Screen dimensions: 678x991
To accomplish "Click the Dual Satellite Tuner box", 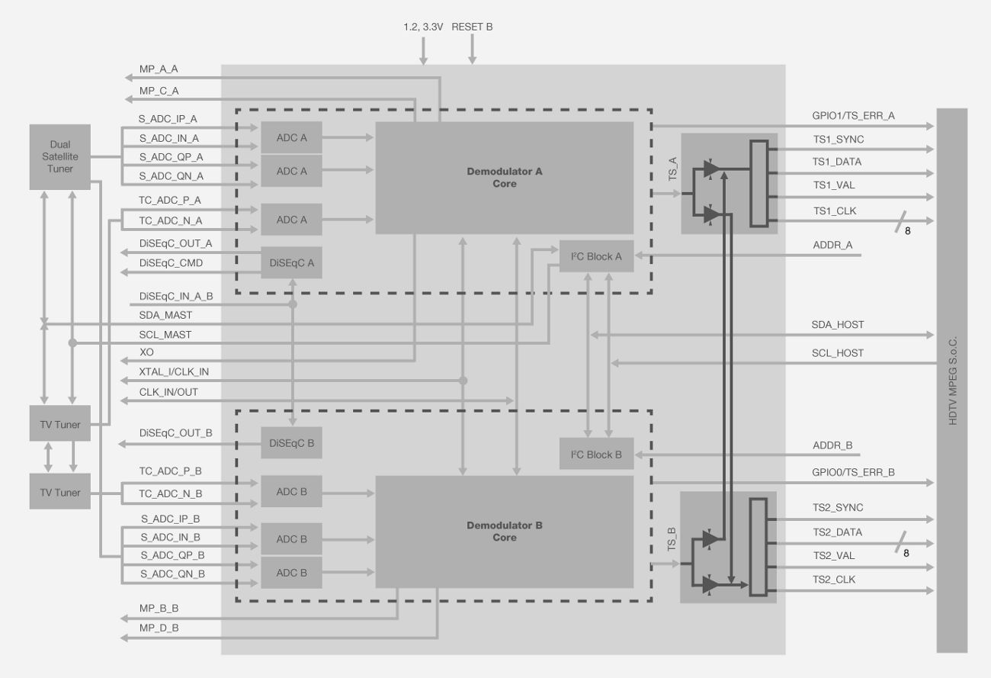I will pyautogui.click(x=59, y=156).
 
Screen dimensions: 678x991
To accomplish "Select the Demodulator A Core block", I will pyautogui.click(x=504, y=178).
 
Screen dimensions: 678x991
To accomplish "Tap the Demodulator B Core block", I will pyautogui.click(x=504, y=532).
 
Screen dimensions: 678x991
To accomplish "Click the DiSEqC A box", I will pyautogui.click(x=291, y=262).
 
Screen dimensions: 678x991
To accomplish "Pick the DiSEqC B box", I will pyautogui.click(x=291, y=442).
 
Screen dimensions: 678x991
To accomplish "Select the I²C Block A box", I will pyautogui.click(x=596, y=256).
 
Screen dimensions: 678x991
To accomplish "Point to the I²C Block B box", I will pyautogui.click(x=596, y=455).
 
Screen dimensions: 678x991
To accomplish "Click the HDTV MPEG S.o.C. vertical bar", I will pyautogui.click(x=951, y=380).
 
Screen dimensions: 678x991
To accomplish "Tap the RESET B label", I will pyautogui.click(x=472, y=27).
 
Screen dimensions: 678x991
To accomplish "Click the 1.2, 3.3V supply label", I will pyautogui.click(x=422, y=27).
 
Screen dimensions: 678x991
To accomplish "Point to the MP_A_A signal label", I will pyautogui.click(x=159, y=69).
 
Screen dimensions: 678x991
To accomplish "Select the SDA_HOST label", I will pyautogui.click(x=837, y=325).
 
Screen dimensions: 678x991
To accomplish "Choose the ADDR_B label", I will pyautogui.click(x=832, y=445).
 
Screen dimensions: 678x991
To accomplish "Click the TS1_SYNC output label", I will pyautogui.click(x=838, y=140).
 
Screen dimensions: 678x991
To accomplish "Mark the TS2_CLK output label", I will pyautogui.click(x=834, y=580).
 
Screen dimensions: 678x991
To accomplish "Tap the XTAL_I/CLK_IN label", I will pyautogui.click(x=174, y=371).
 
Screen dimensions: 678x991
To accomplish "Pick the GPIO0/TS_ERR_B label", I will pyautogui.click(x=853, y=472).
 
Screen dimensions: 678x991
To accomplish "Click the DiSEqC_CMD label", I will pyautogui.click(x=171, y=262).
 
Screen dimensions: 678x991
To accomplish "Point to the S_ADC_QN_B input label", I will pyautogui.click(x=172, y=574).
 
